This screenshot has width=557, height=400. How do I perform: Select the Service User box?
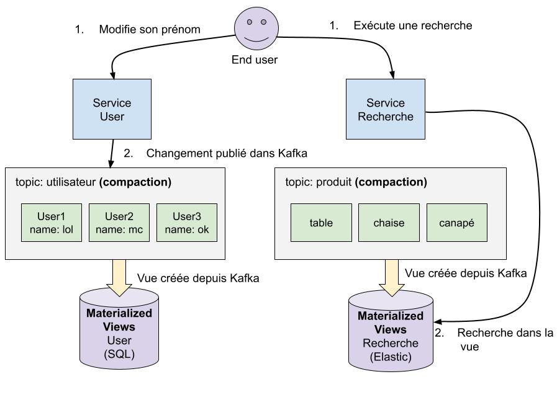(112, 109)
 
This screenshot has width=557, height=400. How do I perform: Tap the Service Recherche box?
(385, 109)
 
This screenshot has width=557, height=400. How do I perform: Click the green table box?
(321, 223)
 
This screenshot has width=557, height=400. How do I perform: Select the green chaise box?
(389, 223)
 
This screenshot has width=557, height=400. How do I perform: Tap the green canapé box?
(456, 223)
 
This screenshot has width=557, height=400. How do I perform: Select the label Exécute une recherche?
(413, 25)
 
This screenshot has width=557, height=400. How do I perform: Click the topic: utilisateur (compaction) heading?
(93, 182)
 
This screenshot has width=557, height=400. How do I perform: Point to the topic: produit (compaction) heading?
(356, 182)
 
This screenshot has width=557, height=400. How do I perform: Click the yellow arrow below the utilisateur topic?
(119, 277)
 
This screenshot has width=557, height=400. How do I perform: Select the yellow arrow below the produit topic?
(391, 277)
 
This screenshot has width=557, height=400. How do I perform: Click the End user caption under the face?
(255, 60)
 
